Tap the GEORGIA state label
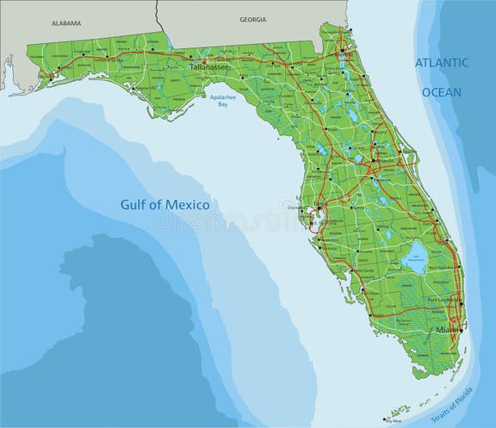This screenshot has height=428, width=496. (252, 19)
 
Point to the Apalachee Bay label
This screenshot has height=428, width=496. (222, 102)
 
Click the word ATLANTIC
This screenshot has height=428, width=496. (442, 63)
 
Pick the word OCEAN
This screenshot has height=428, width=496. (442, 92)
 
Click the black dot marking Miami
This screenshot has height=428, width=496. (462, 328)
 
